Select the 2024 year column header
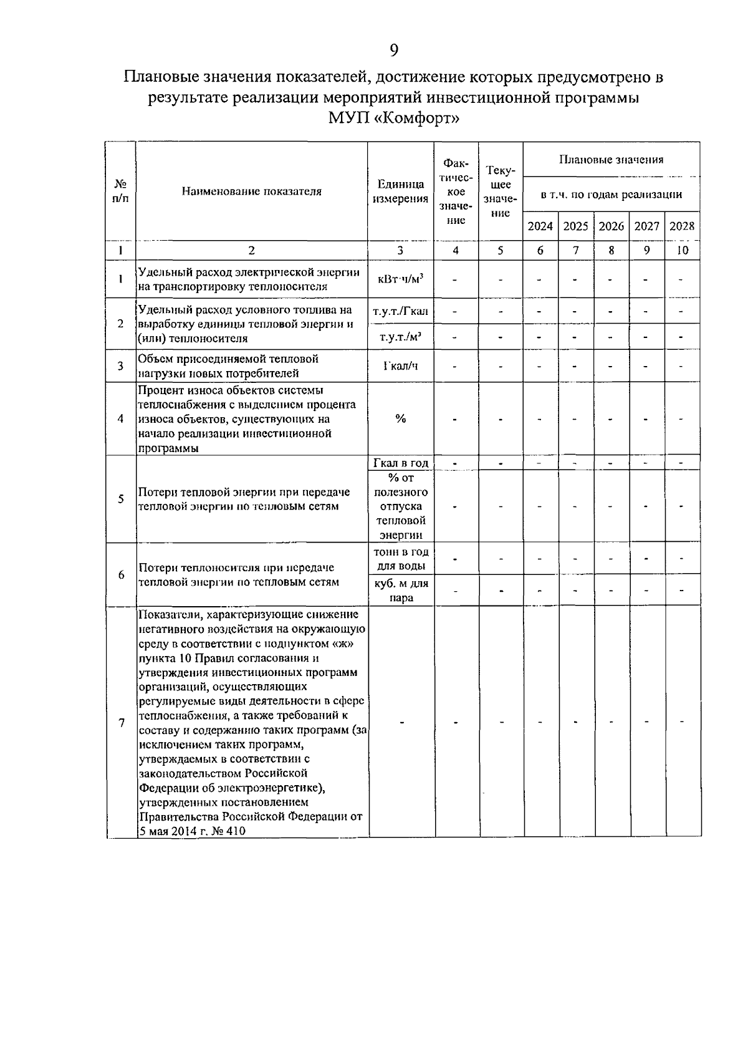[540, 226]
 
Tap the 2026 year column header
[611, 226]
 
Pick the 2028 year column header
[682, 226]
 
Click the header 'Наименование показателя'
[252, 191]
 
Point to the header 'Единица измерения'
[400, 191]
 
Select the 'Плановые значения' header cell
[611, 160]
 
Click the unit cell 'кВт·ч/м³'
[400, 279]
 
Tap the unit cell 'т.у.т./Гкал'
[400, 311]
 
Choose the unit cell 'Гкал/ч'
[400, 366]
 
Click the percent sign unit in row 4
[400, 418]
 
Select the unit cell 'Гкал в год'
[400, 463]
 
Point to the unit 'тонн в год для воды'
[400, 559]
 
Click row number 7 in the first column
[121, 722]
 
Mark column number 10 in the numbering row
[682, 250]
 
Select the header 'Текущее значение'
[501, 191]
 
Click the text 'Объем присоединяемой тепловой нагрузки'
[228, 366]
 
